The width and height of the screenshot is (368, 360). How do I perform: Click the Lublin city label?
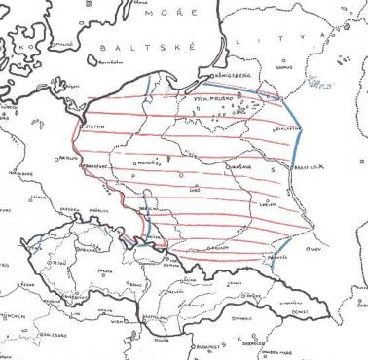click(x=265, y=206)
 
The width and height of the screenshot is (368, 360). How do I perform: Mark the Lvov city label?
click(x=314, y=250)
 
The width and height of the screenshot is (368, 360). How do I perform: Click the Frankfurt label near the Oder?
click(x=94, y=167)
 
